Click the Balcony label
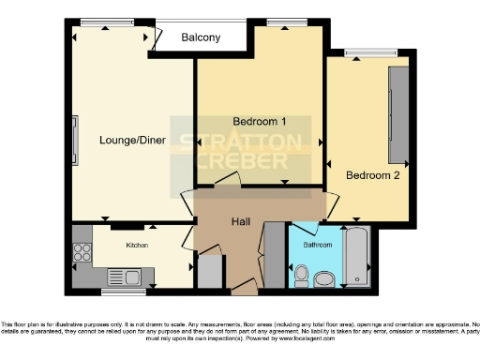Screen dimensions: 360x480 (201, 37)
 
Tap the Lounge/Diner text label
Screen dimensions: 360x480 (132, 141)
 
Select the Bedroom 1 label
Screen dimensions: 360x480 (259, 122)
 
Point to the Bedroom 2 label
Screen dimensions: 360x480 (372, 174)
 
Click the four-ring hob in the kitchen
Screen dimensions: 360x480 (82, 251)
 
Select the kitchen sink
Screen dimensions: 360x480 (123, 276)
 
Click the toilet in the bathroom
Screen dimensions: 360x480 (300, 274)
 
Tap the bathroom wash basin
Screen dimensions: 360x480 (325, 278)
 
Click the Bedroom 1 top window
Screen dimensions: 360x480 (281, 22)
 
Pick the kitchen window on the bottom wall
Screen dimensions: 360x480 (125, 290)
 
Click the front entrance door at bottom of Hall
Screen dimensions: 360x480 (246, 285)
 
